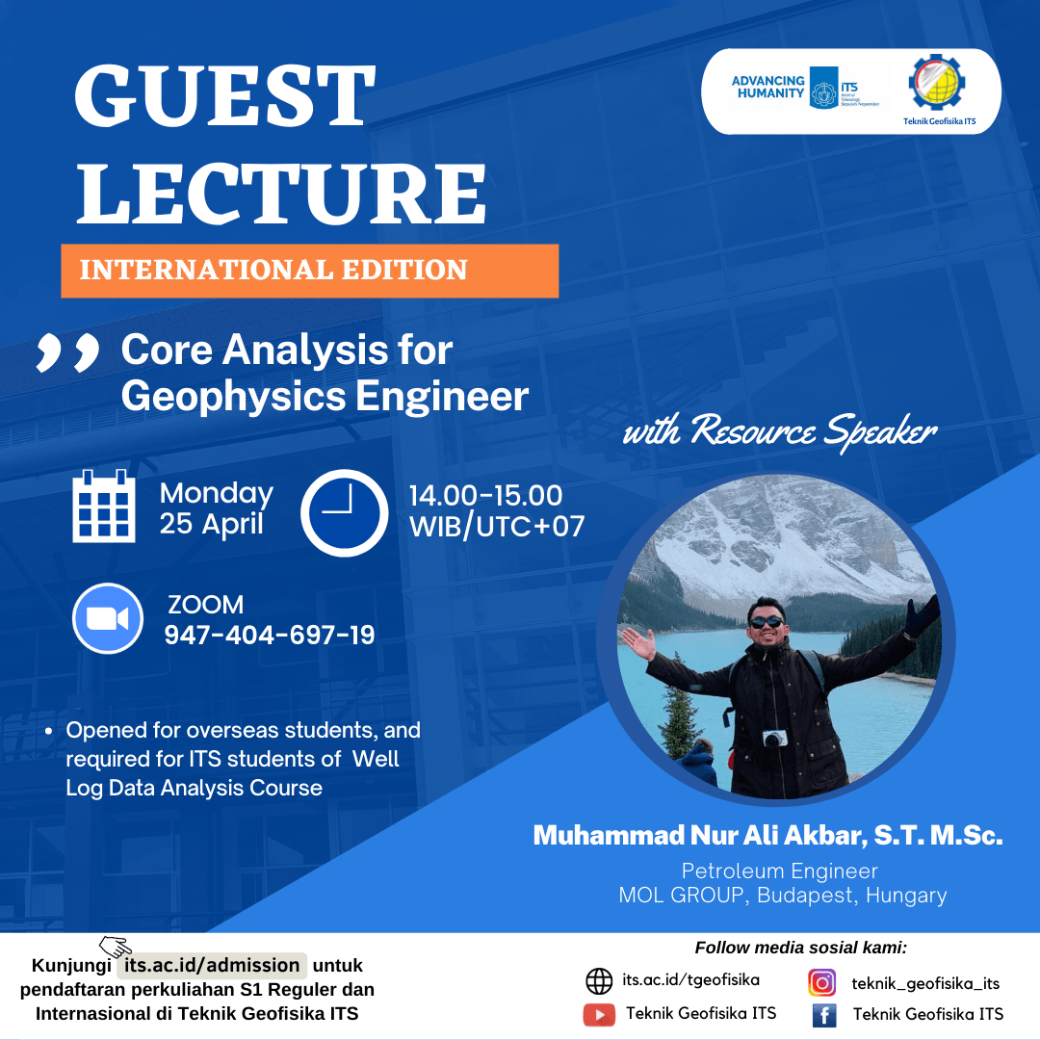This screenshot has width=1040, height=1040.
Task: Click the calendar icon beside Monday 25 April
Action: coord(103,507)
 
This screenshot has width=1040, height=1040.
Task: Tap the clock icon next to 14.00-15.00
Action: coord(344,512)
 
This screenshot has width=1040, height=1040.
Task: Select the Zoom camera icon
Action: coord(108,618)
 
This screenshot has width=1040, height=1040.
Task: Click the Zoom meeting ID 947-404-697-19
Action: coord(270,636)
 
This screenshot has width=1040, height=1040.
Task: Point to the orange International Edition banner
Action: coord(310,271)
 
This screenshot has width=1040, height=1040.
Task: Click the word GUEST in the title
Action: coord(225,95)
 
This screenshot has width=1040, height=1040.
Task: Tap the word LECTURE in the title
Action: coord(281,193)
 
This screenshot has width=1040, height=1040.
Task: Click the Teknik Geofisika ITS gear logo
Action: coord(937,83)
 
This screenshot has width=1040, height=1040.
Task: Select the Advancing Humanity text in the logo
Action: coord(768,87)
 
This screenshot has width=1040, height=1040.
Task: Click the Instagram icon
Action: coord(821,982)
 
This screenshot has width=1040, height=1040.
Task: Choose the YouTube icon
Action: coord(599,1015)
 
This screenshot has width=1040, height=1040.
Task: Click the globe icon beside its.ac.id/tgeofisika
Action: coord(599,981)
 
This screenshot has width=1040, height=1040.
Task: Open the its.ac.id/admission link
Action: coord(212,965)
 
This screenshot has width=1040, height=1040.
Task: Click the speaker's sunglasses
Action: coord(767,622)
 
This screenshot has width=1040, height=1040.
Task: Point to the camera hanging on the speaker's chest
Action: coord(774,739)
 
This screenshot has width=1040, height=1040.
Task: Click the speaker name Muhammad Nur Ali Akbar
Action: coord(700,836)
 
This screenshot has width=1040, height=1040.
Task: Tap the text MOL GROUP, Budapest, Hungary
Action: coord(783,896)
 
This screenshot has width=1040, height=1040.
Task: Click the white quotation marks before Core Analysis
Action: coord(67,352)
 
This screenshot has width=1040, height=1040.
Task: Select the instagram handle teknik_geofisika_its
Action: coord(925,983)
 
